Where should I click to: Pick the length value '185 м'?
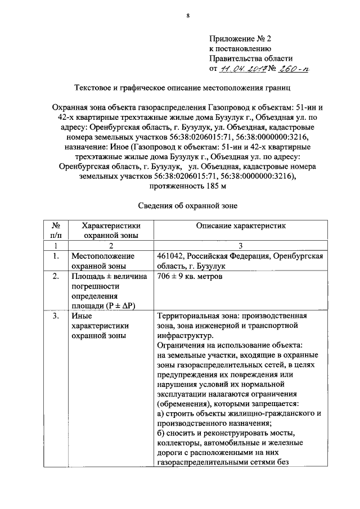(187, 187)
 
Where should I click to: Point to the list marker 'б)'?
(161, 433)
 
